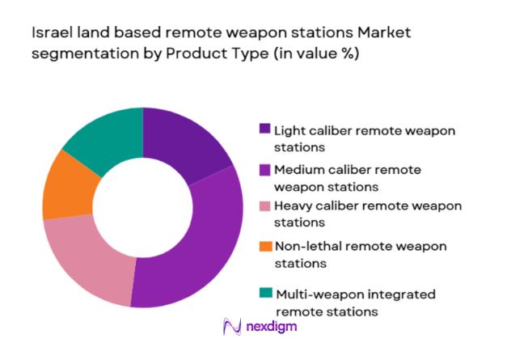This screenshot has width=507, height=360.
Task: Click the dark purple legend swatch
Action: tap(264, 129)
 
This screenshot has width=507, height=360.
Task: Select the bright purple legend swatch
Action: tap(264, 169)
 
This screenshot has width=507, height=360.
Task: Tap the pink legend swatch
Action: tap(264, 206)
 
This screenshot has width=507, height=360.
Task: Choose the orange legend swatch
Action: tap(264, 246)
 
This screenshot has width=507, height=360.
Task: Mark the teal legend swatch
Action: tap(264, 292)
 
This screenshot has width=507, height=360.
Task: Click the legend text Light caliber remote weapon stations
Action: tap(364, 138)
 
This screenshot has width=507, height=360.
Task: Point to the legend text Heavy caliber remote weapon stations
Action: tap(368, 214)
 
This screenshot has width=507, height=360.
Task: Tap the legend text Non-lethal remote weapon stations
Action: tap(360, 254)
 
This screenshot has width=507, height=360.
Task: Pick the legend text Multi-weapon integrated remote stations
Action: tap(356, 302)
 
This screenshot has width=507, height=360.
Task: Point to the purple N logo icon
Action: tap(232, 326)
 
